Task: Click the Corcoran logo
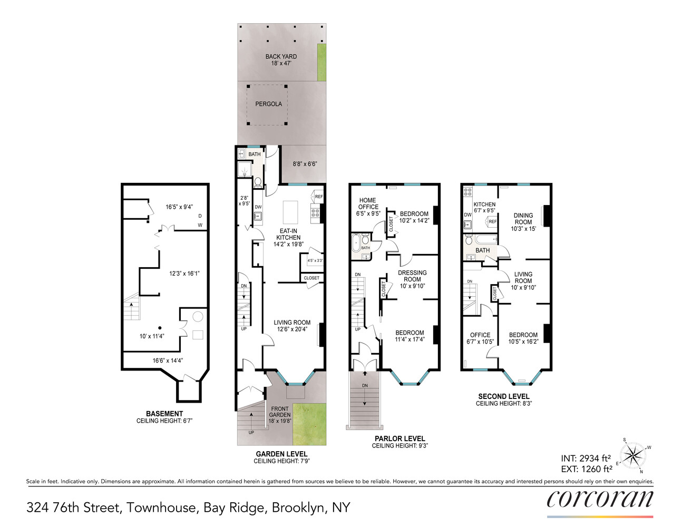600,500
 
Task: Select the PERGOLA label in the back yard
268,104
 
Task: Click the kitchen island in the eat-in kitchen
290,212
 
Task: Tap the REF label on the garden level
318,197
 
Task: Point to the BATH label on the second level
482,250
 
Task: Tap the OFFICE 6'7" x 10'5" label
480,338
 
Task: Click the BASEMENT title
164,414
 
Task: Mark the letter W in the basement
200,225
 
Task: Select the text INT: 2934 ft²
586,458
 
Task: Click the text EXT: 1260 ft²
586,469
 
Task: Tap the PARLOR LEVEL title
400,438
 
